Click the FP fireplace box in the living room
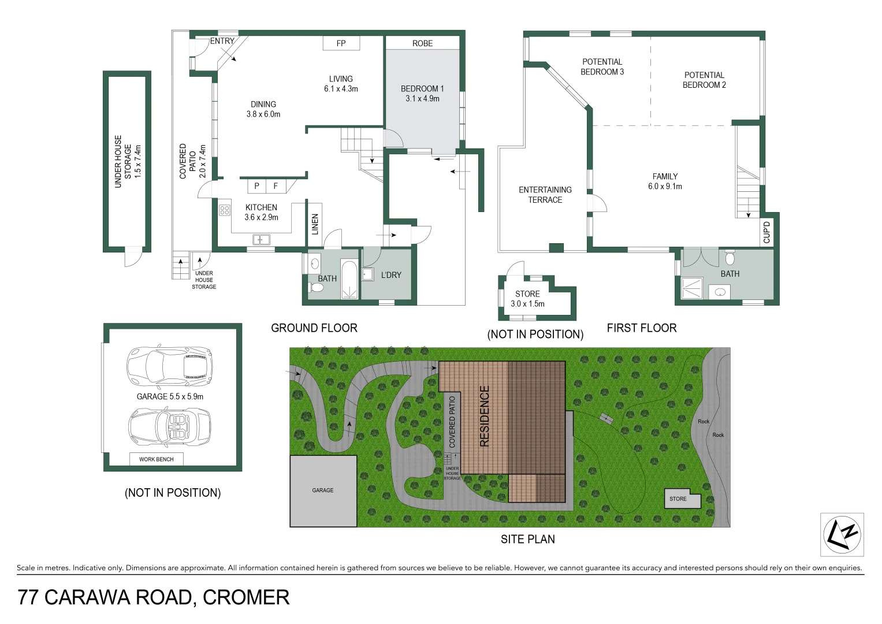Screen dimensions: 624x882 (x=341, y=43)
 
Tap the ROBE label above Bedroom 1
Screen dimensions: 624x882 (x=422, y=43)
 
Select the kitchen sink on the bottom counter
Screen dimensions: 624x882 (x=261, y=239)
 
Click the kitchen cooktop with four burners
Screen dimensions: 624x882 (x=225, y=210)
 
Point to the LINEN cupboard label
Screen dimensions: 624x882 (x=315, y=224)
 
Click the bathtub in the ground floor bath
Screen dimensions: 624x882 (x=349, y=280)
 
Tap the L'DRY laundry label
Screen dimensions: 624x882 (x=391, y=275)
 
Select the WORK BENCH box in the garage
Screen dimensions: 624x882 (x=156, y=459)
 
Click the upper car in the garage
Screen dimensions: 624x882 (x=169, y=366)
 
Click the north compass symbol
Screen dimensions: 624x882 (x=842, y=534)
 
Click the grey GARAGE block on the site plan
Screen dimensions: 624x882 (x=323, y=491)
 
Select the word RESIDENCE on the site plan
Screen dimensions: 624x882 (x=485, y=416)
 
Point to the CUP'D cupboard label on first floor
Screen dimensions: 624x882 (x=766, y=232)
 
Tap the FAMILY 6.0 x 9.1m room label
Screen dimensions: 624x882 (x=665, y=181)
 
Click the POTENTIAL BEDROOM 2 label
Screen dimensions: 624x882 (x=704, y=80)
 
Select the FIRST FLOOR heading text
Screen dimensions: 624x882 (x=641, y=328)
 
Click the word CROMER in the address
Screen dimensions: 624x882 (x=246, y=597)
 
